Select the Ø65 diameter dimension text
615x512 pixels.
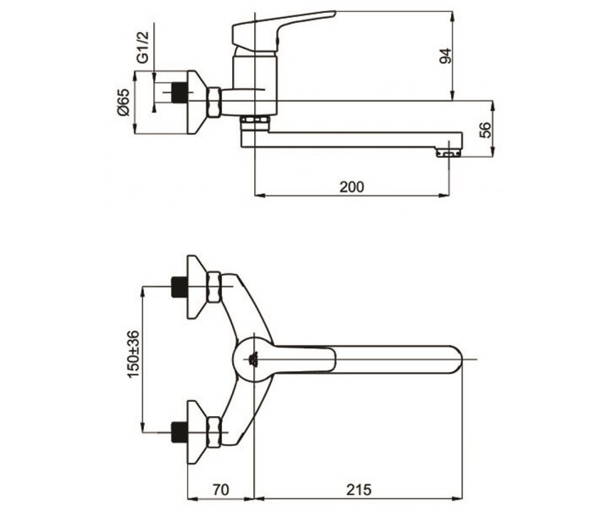[123, 102]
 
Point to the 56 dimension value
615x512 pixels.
[485, 130]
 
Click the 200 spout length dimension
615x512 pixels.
[352, 187]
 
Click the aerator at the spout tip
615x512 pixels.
[448, 153]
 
